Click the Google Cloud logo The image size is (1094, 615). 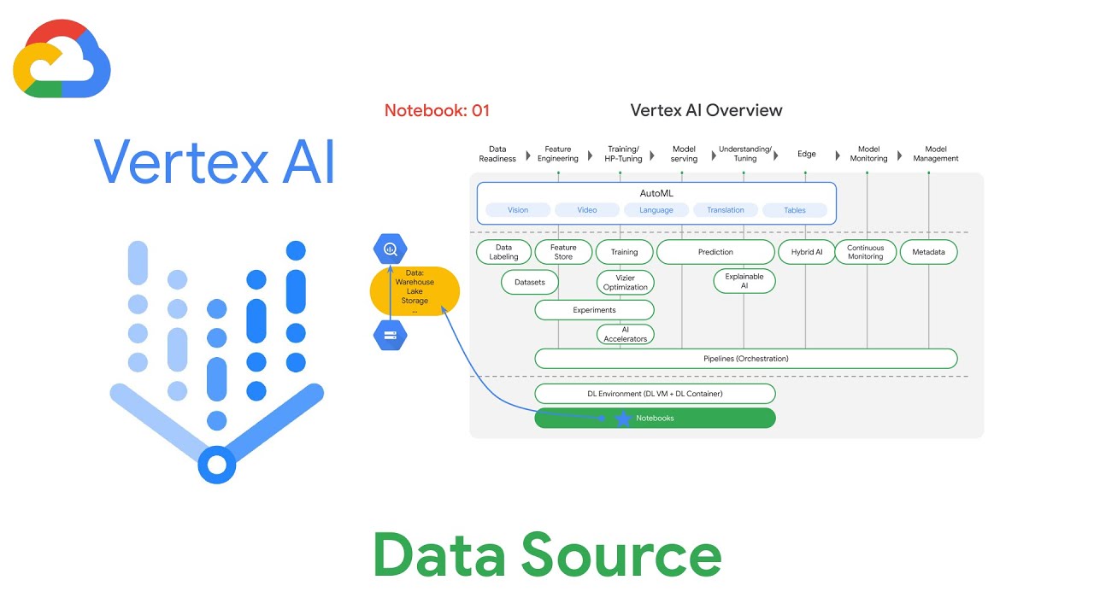(62, 60)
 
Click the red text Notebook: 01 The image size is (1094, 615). (437, 110)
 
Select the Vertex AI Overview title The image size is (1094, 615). (706, 110)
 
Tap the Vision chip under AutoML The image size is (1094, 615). (518, 210)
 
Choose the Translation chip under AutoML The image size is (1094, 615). (725, 210)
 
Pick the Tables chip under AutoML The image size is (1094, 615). (795, 210)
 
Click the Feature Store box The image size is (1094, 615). (563, 252)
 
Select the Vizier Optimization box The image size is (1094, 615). (625, 283)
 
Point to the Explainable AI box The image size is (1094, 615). (744, 281)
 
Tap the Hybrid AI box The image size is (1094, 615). (806, 252)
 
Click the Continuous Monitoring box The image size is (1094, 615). (865, 252)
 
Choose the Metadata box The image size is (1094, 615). (928, 252)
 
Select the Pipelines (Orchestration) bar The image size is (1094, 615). (745, 359)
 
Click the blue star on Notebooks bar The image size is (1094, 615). (623, 419)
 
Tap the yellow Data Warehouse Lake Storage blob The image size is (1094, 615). (415, 291)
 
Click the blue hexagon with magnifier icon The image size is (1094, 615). (391, 249)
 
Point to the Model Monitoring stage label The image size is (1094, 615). (868, 154)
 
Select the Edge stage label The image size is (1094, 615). (806, 154)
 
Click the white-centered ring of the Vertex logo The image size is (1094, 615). (216, 465)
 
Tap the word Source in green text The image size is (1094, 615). (621, 555)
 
